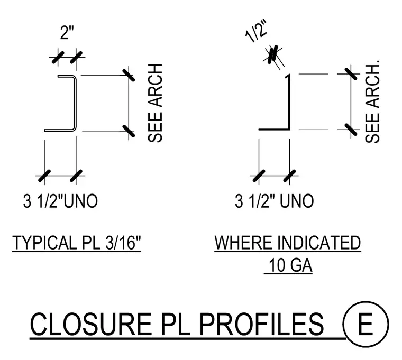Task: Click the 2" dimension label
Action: [x=67, y=32]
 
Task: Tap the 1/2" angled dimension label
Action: [x=257, y=31]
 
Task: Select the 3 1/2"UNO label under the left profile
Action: [x=60, y=201]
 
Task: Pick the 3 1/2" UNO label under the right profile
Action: [x=275, y=201]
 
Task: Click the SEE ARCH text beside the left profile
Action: [x=155, y=103]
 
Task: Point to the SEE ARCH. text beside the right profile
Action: [x=372, y=101]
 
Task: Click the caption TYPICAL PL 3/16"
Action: [x=77, y=243]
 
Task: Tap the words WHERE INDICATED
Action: [x=288, y=243]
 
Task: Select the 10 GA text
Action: [x=290, y=265]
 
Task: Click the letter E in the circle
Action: [x=366, y=324]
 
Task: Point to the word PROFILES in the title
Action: [x=261, y=324]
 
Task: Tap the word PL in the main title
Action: [x=176, y=324]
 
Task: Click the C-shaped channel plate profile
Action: [x=76, y=103]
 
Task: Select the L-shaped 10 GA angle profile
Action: [x=289, y=103]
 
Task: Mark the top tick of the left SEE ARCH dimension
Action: [x=129, y=76]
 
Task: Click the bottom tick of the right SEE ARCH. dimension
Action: [x=351, y=130]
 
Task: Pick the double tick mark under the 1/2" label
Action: [x=272, y=54]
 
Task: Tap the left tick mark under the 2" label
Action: [x=58, y=58]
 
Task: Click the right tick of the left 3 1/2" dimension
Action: [x=76, y=176]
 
